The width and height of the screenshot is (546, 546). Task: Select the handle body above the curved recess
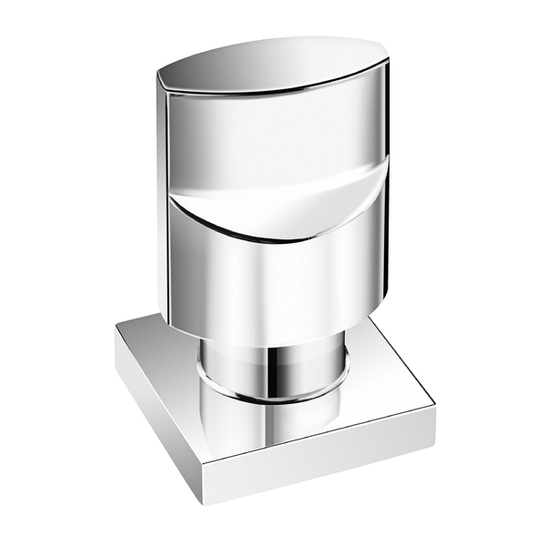pos(273,136)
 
